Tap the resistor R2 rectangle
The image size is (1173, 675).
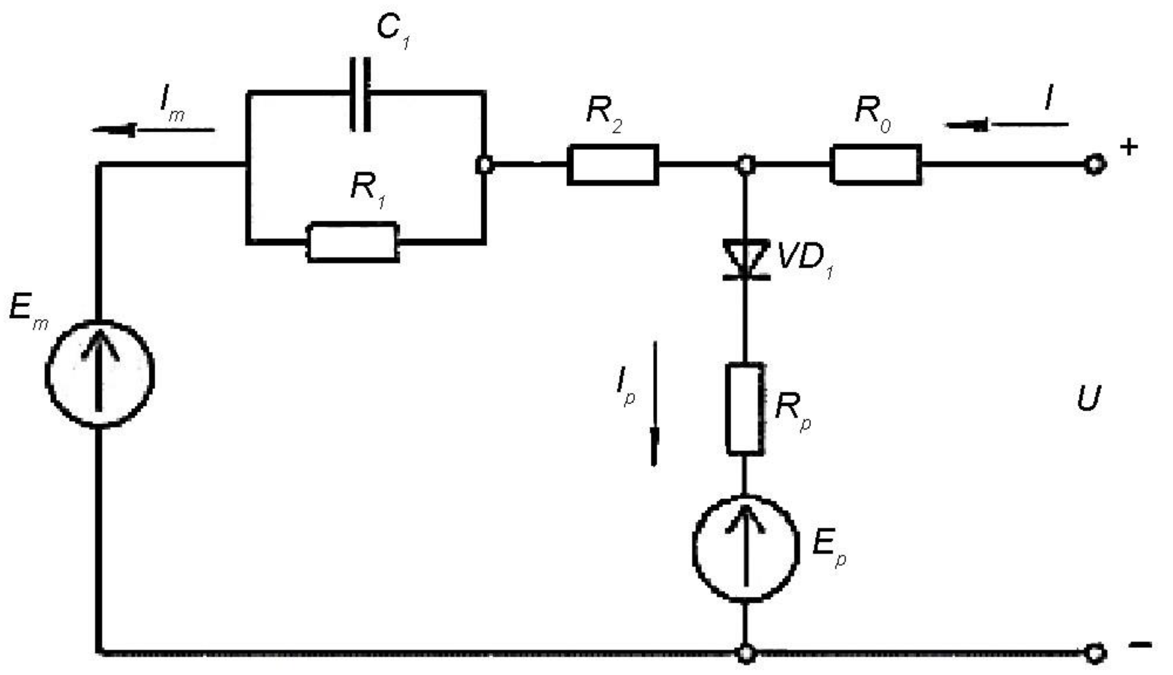[x=613, y=165]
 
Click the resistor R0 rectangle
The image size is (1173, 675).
[x=875, y=165]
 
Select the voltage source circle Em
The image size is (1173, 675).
[x=99, y=373]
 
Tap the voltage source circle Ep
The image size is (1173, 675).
[x=746, y=549]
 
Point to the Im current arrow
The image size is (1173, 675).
[x=153, y=130]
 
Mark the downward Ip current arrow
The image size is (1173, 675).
[x=654, y=403]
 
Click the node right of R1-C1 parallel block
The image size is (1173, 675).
[x=485, y=165]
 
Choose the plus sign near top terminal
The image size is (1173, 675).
[x=1129, y=147]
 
